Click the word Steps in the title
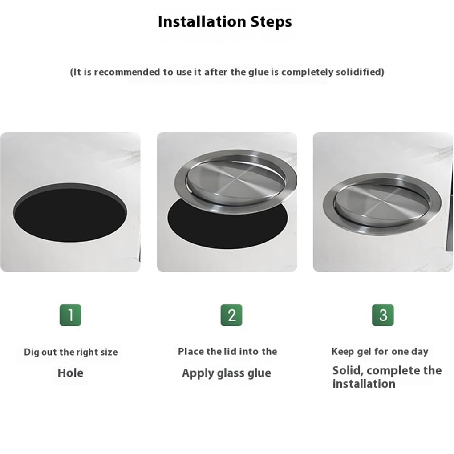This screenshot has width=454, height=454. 272,22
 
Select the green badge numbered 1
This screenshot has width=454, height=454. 70,315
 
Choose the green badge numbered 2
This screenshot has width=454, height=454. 231,315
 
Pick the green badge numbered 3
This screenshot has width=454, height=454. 383,315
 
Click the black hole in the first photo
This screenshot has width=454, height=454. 70,212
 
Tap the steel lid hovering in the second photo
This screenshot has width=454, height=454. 235,182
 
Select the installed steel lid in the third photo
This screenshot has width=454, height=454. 382,204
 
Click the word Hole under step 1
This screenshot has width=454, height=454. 70,373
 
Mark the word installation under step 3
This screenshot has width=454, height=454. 364,384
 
